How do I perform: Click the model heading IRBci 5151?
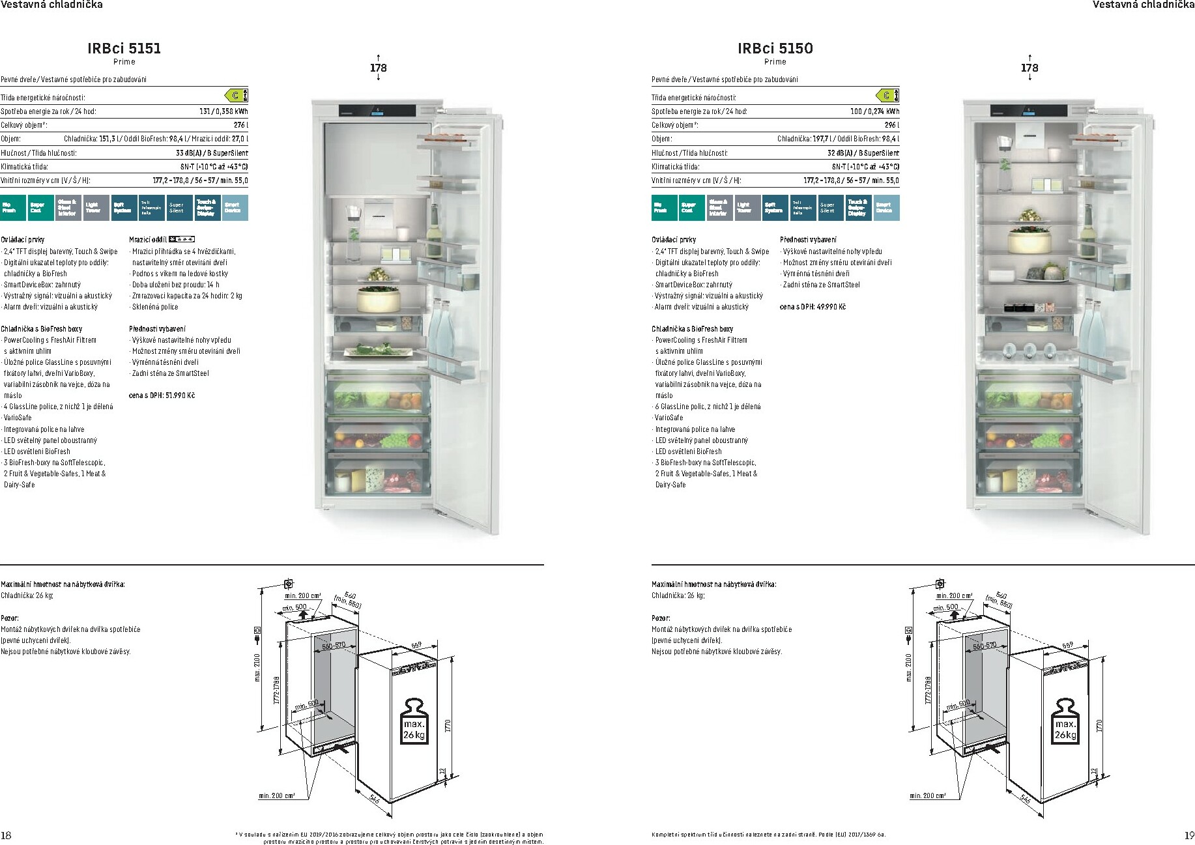pos(124,48)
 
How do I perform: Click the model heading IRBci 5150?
pos(775,48)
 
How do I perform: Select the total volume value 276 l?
pos(240,125)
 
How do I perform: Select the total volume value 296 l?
pos(891,125)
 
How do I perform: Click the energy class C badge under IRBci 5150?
pos(888,96)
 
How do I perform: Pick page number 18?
pos(7,835)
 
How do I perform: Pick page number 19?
pos(1188,835)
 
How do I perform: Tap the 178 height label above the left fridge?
pos(378,68)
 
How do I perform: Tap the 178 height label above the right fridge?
pos(1029,68)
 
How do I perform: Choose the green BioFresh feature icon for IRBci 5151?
pos(13,208)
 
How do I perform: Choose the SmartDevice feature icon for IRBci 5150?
pos(886,208)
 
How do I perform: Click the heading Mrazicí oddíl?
pos(149,240)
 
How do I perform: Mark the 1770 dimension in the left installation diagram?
pos(448,725)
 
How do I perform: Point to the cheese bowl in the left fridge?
pos(377,300)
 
